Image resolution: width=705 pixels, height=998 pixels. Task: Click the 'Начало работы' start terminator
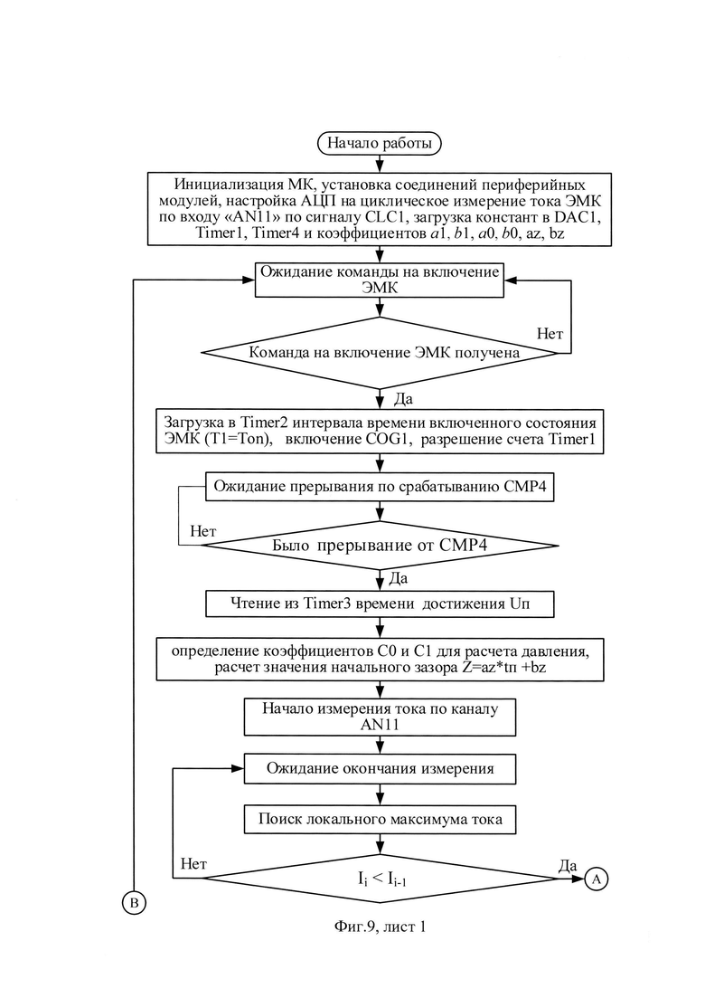click(x=379, y=143)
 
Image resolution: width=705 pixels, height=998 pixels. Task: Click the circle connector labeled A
click(x=597, y=879)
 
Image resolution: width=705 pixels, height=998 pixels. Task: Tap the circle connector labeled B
click(x=134, y=902)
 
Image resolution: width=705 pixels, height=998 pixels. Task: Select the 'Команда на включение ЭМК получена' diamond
click(x=380, y=353)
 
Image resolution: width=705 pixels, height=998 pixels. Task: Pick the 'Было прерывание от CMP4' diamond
click(x=380, y=546)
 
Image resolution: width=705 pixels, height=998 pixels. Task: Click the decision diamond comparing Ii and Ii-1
click(x=380, y=879)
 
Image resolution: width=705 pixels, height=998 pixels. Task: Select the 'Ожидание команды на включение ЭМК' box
click(x=380, y=280)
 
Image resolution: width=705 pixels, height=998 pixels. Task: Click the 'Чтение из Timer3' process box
click(x=380, y=604)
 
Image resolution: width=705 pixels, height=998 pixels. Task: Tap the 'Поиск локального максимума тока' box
click(x=380, y=819)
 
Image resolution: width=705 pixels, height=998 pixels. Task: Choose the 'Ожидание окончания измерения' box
click(x=380, y=769)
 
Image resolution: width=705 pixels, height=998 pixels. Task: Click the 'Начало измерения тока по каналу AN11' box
click(x=380, y=718)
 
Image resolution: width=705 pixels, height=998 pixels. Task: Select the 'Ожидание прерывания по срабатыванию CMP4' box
click(x=380, y=487)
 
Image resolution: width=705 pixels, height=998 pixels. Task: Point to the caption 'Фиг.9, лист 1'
click(x=380, y=927)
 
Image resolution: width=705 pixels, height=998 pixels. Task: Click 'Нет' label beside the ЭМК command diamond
click(x=550, y=334)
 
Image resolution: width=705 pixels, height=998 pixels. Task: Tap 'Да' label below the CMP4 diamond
click(x=398, y=578)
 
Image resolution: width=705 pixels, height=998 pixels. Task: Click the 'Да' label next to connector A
click(x=567, y=865)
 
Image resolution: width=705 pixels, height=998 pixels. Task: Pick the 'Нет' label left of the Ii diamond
click(x=193, y=864)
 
